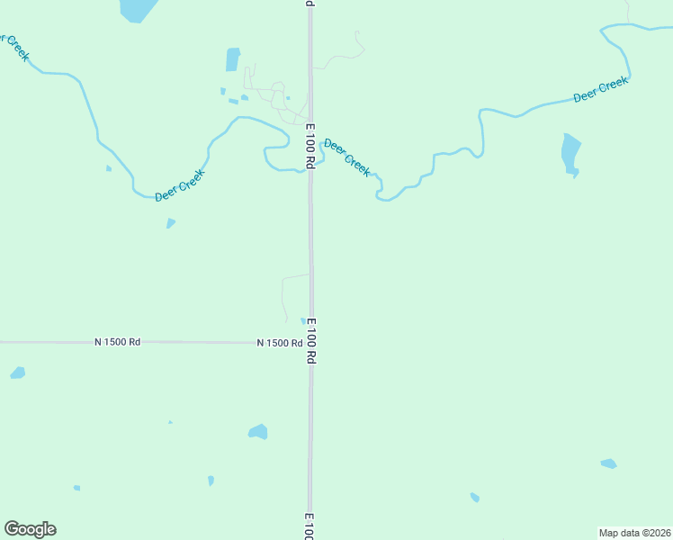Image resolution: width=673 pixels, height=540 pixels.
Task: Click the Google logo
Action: click(31, 529)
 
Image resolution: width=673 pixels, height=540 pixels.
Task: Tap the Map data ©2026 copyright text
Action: click(634, 533)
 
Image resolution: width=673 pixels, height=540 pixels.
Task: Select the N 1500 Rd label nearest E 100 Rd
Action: click(279, 343)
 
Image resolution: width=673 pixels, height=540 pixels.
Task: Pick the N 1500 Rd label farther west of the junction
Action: click(118, 342)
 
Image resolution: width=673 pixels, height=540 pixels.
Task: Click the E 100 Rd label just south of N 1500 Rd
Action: click(311, 340)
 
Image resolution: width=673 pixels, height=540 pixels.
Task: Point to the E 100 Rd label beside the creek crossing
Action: click(310, 147)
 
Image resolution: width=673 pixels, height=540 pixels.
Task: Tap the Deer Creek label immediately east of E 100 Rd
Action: click(346, 157)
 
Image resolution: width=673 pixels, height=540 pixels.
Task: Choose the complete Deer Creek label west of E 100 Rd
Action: click(180, 185)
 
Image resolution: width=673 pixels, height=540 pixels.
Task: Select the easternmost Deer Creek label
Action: click(600, 90)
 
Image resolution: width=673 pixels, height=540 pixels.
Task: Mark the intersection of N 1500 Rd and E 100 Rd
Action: click(310, 342)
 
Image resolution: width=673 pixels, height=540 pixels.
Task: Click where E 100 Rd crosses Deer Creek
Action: click(310, 167)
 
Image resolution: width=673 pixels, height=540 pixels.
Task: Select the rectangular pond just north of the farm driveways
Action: click(233, 59)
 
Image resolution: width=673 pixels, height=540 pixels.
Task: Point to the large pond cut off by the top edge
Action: click(138, 9)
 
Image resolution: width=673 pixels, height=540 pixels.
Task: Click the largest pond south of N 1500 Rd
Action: click(258, 431)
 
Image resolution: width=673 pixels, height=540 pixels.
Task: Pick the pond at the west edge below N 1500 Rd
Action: click(17, 373)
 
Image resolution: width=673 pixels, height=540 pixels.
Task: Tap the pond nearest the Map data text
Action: click(609, 464)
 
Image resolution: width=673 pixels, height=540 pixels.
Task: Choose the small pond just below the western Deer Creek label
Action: click(171, 223)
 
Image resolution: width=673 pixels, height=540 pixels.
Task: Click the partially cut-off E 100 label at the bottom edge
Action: click(309, 527)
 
